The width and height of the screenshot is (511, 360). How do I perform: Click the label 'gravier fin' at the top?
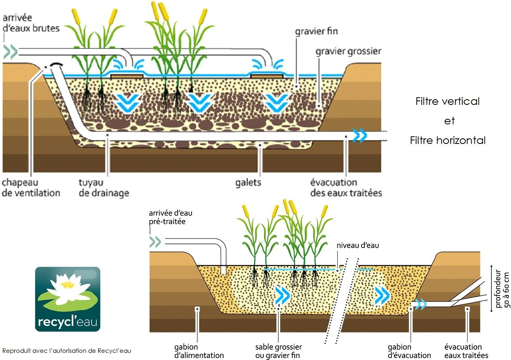pos(316,31)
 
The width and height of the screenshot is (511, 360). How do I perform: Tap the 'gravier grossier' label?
pos(348,51)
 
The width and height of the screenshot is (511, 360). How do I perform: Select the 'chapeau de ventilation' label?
pos(31,188)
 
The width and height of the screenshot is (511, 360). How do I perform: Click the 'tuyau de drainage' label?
pos(104,188)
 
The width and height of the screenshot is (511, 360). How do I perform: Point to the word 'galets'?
pos(248,183)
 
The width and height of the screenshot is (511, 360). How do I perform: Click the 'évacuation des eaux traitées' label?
pos(346,188)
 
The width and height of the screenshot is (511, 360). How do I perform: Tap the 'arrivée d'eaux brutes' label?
pos(31,23)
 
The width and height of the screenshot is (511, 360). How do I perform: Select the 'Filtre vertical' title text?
pos(448,101)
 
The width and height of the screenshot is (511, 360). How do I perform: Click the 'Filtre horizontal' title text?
pos(448,140)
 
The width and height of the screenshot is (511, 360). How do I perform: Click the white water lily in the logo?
pos(65,287)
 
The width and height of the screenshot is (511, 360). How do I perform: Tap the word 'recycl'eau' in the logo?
pos(68,322)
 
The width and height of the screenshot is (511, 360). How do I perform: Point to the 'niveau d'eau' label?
pos(358,246)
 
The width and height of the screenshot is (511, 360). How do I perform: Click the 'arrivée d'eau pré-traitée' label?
pos(170,217)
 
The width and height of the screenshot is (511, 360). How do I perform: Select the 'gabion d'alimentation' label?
pos(199,351)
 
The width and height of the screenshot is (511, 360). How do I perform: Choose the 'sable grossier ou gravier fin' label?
pos(278,351)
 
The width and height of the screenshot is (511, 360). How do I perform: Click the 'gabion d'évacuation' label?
pos(409,351)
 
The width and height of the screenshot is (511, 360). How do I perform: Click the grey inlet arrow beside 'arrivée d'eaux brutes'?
pos(10,52)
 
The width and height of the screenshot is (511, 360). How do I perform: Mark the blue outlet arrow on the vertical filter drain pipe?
pos(360,136)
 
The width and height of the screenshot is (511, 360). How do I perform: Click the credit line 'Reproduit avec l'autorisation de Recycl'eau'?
pos(67,351)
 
